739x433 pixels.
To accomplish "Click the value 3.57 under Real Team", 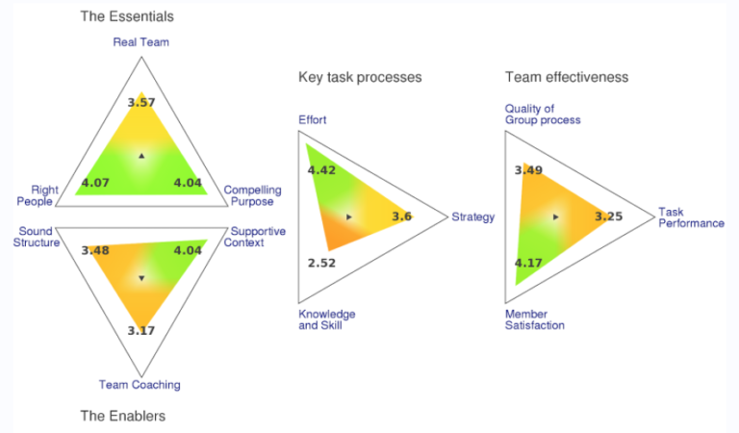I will (x=141, y=101).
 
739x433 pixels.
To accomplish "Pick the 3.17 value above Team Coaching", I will (x=141, y=332).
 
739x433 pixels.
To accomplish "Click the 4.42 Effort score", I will (x=322, y=170).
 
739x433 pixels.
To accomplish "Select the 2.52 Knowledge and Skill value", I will (x=322, y=262).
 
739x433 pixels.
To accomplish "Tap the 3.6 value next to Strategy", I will (x=402, y=216).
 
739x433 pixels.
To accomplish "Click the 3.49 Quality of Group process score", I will (x=529, y=170).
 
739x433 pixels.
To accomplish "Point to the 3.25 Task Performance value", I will (x=608, y=216).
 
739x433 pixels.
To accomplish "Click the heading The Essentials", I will (x=127, y=16).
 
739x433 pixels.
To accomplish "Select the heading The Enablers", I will (x=122, y=416).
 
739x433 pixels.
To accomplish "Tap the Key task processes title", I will (x=360, y=77).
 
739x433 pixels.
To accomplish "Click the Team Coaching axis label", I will (x=140, y=385).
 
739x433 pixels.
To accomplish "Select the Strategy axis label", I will (x=472, y=217).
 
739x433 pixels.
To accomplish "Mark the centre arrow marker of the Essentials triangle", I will (x=141, y=155).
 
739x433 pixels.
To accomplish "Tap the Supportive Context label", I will (x=251, y=237).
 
